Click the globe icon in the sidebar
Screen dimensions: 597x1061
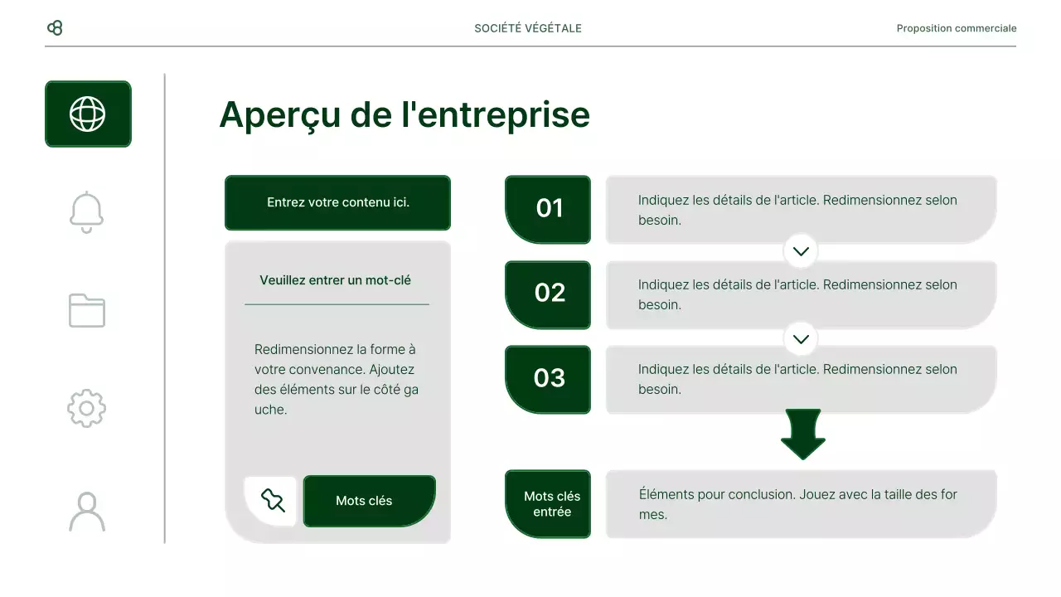coord(88,114)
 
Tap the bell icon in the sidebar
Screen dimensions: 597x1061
coord(87,212)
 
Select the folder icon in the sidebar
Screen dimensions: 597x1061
coord(87,310)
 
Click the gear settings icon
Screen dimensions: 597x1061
coord(87,408)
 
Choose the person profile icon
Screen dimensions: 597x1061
coord(87,511)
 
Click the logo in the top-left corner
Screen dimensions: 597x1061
coord(55,28)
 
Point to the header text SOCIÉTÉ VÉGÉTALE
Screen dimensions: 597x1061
coord(528,28)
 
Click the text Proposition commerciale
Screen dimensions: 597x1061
coord(956,28)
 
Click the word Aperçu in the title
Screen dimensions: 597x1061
coord(279,114)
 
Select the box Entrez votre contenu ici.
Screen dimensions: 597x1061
coord(337,202)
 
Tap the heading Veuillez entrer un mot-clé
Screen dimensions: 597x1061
coord(335,280)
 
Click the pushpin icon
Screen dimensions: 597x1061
coord(272,501)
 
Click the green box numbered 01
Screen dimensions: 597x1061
coord(548,209)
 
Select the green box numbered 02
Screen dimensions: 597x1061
coord(548,294)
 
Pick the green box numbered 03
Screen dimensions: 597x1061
coord(548,378)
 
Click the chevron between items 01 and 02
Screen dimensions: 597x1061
coord(801,251)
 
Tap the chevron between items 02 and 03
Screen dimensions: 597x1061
coord(801,338)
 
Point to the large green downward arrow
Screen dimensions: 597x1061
coord(802,434)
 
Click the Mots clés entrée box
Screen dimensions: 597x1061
coord(548,503)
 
